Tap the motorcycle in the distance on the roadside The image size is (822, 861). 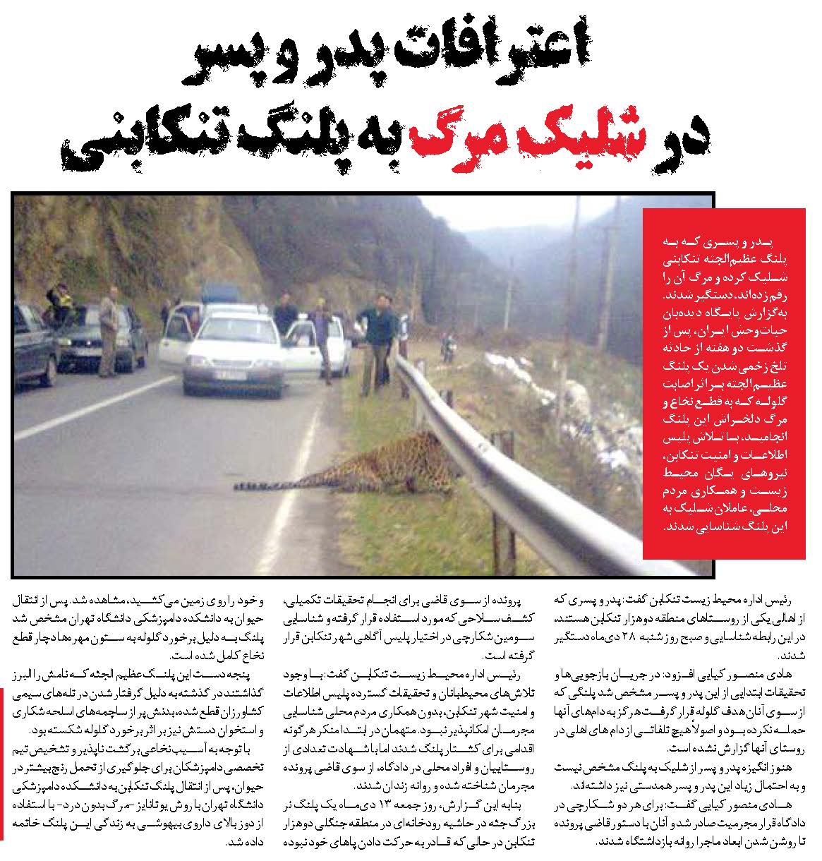point(447,348)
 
